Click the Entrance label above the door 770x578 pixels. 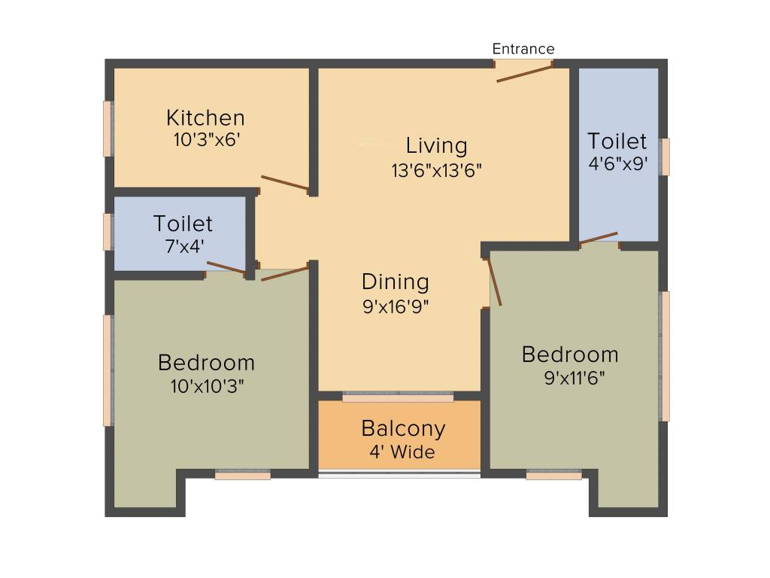point(523,49)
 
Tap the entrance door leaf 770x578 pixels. point(525,73)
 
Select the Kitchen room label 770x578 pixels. point(205,118)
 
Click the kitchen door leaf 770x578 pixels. point(284,183)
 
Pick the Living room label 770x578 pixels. point(436,145)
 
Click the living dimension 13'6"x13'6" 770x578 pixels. point(436,170)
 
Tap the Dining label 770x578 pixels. point(396,282)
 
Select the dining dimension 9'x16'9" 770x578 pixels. point(396,306)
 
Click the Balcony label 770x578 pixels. point(403,429)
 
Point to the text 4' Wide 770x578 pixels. point(402,452)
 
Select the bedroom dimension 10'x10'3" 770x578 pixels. point(206,386)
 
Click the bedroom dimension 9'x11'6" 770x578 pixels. point(574,377)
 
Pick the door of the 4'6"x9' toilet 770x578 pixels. point(599,238)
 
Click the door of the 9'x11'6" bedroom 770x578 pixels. point(495,282)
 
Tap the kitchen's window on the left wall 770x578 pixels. point(108,129)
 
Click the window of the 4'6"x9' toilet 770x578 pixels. point(664,157)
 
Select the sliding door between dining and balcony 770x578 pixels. point(398,396)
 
